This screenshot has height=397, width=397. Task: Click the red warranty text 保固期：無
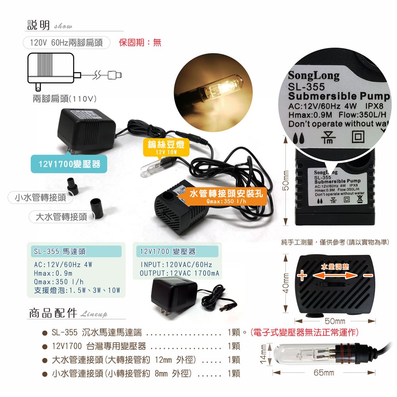tap(140, 42)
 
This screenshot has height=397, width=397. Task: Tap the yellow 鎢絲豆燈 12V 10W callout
tap(166, 147)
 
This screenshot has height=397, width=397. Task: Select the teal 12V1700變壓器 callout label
tap(69, 164)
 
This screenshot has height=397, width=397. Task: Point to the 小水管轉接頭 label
tap(40, 197)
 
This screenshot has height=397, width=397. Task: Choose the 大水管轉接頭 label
tap(62, 217)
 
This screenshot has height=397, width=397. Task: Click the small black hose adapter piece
tap(72, 186)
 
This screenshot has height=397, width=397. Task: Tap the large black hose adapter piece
tap(97, 208)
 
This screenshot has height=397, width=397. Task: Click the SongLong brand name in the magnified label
tap(314, 75)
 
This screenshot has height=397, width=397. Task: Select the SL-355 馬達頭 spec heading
tap(60, 251)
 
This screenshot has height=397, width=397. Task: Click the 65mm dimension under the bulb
tap(324, 372)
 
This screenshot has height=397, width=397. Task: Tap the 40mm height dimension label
tap(285, 283)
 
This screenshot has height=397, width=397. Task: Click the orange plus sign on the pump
tap(302, 276)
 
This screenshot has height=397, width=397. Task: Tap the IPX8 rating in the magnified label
tap(374, 106)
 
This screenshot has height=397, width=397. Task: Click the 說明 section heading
tap(39, 25)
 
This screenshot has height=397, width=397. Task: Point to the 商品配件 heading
tap(53, 313)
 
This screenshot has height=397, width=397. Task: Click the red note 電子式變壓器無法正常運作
tap(304, 332)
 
